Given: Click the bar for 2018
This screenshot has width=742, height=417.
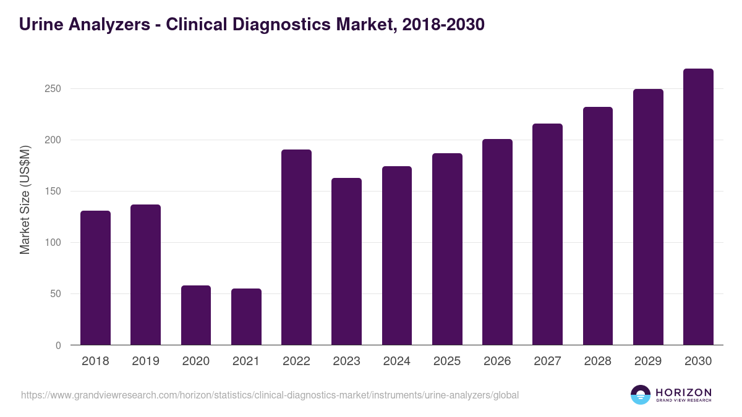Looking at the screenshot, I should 95,278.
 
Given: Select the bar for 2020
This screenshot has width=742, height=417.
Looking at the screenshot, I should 196,315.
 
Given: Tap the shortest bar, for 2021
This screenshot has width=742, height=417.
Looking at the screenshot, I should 246,317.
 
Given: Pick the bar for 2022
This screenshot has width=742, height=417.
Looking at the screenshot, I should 296,247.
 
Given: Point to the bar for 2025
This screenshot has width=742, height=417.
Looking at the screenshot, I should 447,249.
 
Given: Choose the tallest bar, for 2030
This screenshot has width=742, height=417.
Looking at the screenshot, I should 698,207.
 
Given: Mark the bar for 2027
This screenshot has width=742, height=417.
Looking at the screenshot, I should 547,234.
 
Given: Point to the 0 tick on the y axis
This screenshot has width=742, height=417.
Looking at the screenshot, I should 58,346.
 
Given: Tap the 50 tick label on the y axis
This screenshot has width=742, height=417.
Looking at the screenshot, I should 56,294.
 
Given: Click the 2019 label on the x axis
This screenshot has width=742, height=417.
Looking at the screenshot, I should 145,361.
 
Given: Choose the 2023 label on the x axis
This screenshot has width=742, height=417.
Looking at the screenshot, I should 346,361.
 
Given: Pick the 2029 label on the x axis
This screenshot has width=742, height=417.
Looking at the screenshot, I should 648,361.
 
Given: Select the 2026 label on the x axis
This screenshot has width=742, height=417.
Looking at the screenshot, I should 497,361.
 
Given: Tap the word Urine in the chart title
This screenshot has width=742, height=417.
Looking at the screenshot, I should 41,25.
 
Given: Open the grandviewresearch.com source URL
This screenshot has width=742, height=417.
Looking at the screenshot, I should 270,395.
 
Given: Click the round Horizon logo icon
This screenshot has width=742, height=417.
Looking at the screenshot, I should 640,395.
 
